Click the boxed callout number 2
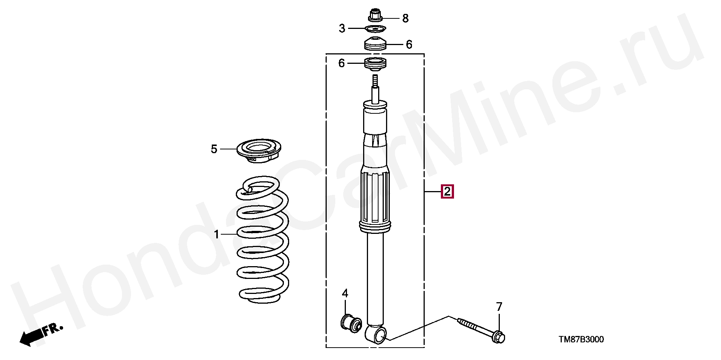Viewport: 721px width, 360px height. click(x=447, y=192)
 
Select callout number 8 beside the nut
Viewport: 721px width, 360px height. click(x=405, y=18)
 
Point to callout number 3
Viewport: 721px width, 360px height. click(x=342, y=28)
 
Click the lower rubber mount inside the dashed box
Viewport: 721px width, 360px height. click(x=375, y=64)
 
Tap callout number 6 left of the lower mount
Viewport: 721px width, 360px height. click(x=341, y=63)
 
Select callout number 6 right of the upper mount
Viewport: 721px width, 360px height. click(x=409, y=45)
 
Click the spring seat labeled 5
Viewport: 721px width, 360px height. click(x=259, y=151)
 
